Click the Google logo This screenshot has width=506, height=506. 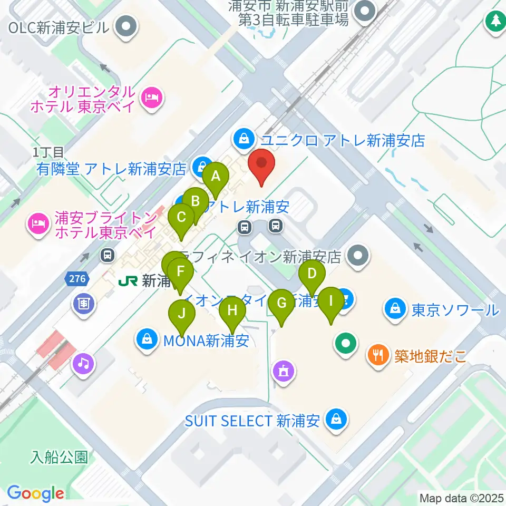coord(35,494)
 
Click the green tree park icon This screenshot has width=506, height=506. coord(495,22)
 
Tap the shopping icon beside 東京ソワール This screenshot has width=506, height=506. coord(395,309)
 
